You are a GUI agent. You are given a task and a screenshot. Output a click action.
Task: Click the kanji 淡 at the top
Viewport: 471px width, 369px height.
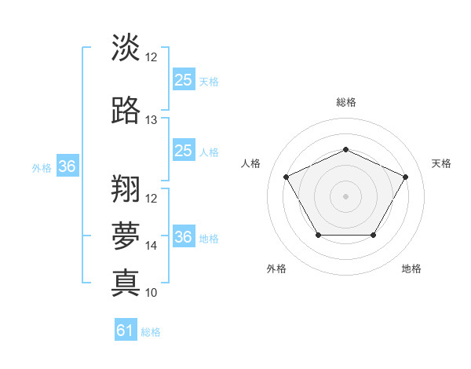coord(126,49)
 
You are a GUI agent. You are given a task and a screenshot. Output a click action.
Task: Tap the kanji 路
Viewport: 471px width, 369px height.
coord(126,111)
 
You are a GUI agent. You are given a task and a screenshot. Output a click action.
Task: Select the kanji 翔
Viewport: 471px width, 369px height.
coord(126,189)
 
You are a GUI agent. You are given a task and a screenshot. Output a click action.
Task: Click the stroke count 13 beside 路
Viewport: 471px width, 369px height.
coord(152,120)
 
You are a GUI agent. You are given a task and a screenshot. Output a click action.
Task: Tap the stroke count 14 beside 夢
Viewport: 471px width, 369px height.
coord(152,246)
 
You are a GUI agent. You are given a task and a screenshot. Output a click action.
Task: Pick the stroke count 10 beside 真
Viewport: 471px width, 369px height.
coord(152,293)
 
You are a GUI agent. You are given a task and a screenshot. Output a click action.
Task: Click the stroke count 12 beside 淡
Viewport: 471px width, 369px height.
coord(152,57)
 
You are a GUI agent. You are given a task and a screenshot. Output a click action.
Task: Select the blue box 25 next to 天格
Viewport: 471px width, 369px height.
coord(184,80)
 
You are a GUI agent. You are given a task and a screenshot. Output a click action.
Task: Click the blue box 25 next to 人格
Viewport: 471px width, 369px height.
coord(184,151)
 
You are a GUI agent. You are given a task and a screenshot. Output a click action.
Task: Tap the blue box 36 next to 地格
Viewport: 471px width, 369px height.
coord(184,237)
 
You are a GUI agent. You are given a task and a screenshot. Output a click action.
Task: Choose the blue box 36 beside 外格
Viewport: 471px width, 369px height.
coord(68,166)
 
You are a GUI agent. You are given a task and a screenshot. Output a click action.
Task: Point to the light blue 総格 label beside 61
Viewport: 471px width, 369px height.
coord(151,332)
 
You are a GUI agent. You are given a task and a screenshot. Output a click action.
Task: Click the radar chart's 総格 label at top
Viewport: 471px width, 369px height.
coord(345,102)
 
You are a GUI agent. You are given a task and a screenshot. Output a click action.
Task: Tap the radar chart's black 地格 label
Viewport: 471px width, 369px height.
coord(411,269)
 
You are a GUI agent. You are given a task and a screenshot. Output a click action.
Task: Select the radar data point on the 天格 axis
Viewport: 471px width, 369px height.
coord(406,177)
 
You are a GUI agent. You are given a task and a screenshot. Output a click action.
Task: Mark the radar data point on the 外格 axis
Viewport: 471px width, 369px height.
coord(317,236)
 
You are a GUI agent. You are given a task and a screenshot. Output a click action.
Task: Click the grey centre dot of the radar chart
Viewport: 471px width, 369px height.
coord(345,196)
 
